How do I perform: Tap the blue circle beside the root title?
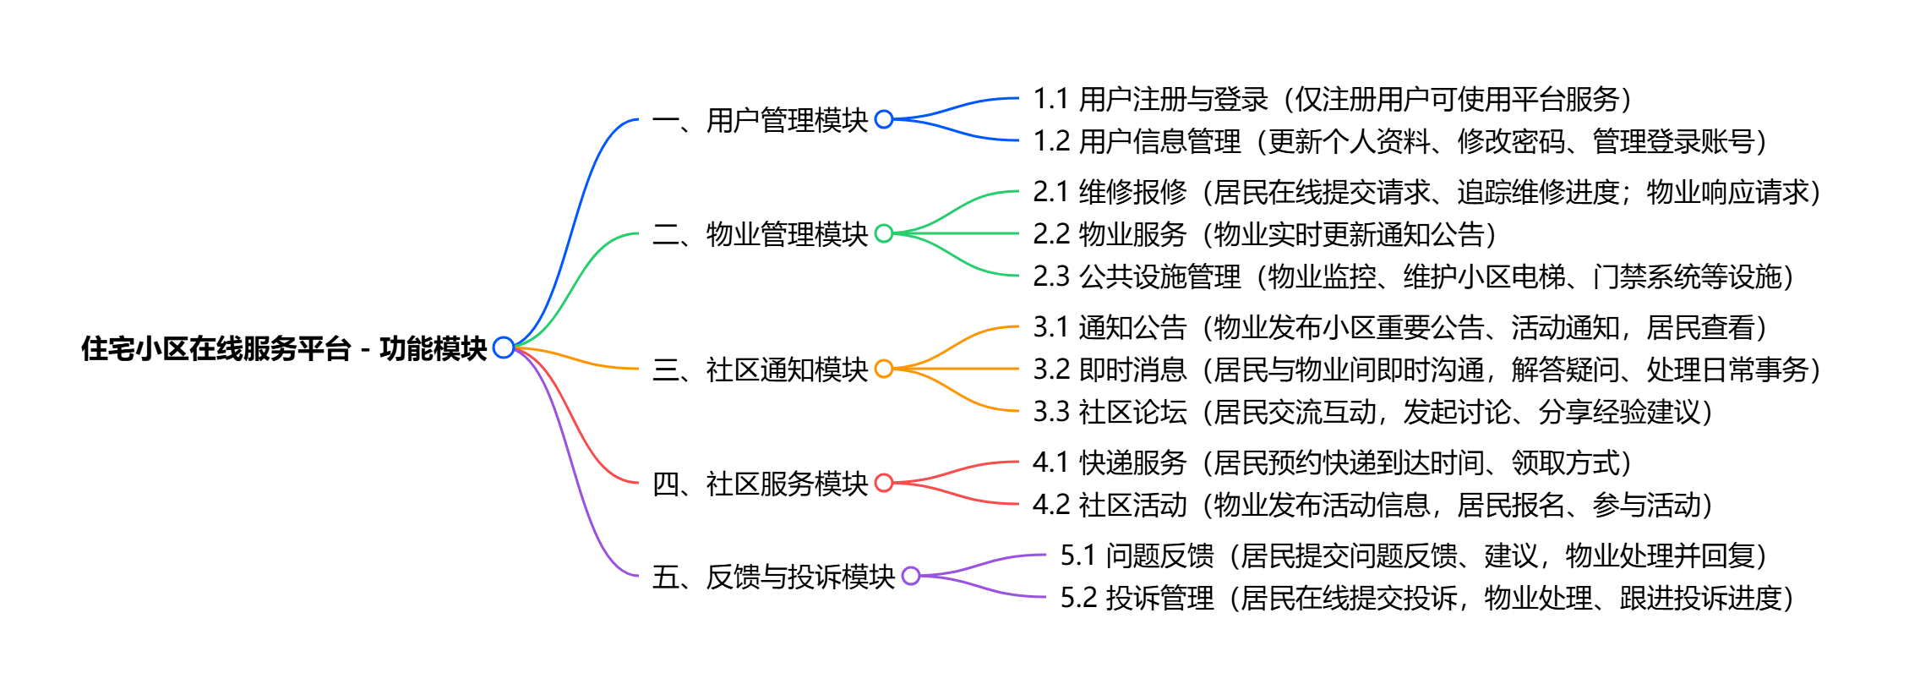click(x=504, y=347)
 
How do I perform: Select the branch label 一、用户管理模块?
click(x=760, y=120)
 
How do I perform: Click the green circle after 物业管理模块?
click(x=884, y=233)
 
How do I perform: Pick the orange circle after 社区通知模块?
click(x=884, y=369)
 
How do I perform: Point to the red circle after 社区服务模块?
click(x=884, y=483)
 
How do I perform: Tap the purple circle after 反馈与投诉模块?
click(x=911, y=576)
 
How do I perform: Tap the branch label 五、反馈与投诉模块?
click(x=773, y=577)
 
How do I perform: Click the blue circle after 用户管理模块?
click(x=884, y=119)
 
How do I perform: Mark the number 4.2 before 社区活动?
click(x=1051, y=505)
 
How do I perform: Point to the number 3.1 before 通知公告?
click(x=1051, y=327)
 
